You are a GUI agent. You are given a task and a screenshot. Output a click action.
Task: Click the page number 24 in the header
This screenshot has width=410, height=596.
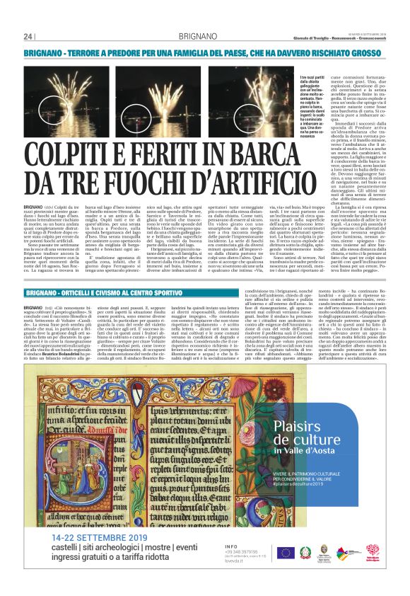[28, 37]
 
